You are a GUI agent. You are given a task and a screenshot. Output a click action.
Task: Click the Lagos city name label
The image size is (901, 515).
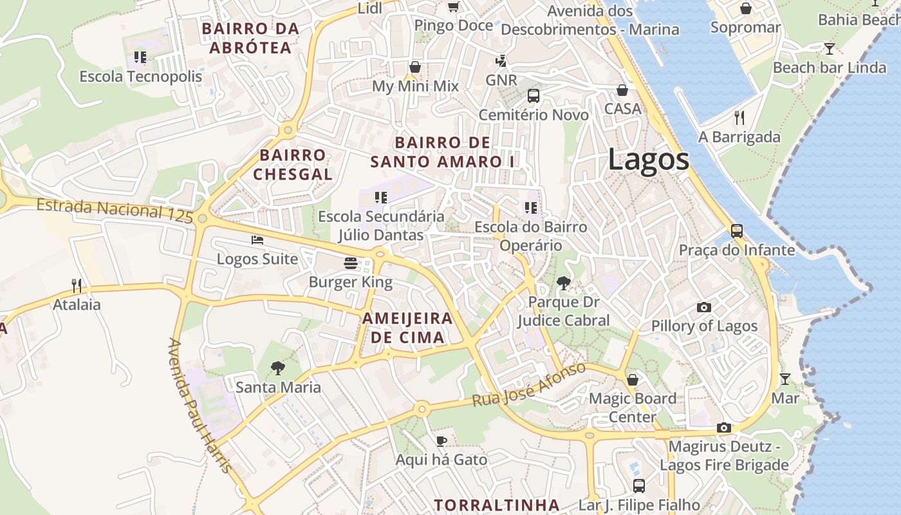[x=648, y=160]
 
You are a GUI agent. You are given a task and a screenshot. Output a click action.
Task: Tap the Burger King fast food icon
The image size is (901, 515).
[x=351, y=263]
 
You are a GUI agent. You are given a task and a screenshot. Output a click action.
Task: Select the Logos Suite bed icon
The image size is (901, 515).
[x=257, y=240]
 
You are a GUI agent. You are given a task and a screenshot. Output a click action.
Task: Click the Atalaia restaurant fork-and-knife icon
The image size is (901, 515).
[x=77, y=285]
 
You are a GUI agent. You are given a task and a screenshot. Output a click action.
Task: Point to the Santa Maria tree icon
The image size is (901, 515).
[x=278, y=368]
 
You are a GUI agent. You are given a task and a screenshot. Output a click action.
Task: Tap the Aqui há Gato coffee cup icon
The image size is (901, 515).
[x=441, y=441]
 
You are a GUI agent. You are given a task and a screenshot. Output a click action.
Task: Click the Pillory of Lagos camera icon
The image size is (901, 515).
[x=704, y=307]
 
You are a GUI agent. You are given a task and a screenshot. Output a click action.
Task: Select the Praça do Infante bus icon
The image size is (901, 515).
[x=737, y=230]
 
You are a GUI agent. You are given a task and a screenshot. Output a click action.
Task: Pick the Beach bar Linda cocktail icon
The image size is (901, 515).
[x=830, y=48]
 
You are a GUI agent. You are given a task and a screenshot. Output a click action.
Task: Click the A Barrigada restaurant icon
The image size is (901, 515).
[x=739, y=117]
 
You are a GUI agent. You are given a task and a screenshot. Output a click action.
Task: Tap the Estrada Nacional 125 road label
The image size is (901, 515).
[x=115, y=211]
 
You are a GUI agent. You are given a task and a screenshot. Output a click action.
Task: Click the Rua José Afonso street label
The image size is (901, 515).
[x=528, y=385]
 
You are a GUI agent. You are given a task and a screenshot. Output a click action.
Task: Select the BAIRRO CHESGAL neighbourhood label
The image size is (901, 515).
[x=293, y=165]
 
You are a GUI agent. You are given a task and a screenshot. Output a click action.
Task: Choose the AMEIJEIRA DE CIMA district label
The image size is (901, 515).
[x=407, y=328]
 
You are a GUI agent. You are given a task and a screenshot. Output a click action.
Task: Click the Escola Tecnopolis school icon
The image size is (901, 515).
[x=140, y=57]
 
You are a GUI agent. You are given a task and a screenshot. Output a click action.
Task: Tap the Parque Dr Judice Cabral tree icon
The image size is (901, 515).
[x=564, y=283]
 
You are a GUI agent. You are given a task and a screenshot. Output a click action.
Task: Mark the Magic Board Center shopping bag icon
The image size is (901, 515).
[x=633, y=380]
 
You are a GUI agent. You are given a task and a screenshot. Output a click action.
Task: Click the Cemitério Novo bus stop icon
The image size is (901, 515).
[x=534, y=96]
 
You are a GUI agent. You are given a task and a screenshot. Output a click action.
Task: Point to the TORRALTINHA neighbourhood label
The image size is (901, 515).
[x=496, y=505]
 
